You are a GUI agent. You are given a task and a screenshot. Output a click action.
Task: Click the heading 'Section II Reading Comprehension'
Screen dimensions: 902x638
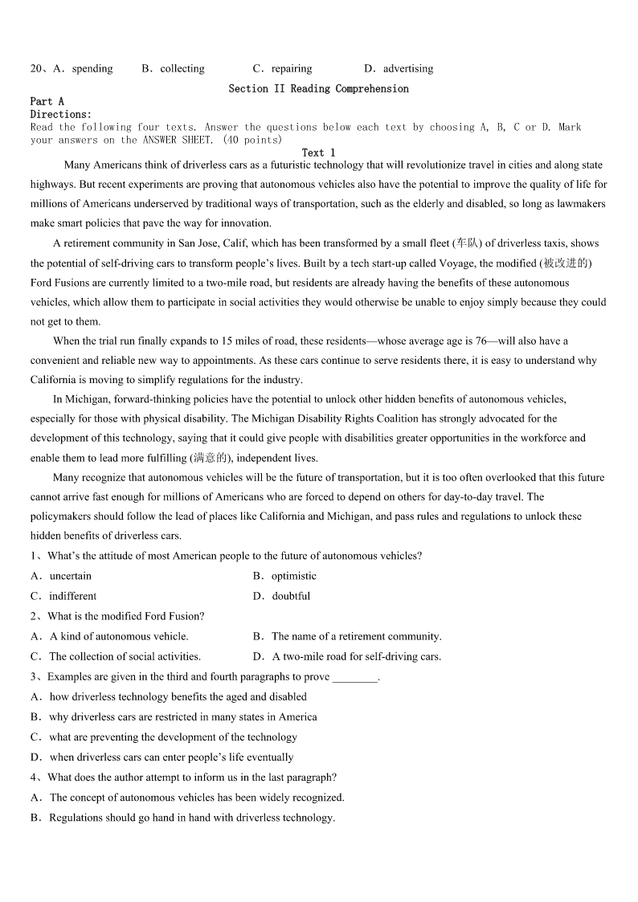(318, 88)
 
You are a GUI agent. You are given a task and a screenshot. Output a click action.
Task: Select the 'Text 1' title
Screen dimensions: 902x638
(318, 153)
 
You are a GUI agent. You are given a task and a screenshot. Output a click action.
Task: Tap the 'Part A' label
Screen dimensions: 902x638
(47, 101)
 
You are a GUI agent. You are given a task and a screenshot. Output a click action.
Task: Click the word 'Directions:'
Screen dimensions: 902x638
(61, 114)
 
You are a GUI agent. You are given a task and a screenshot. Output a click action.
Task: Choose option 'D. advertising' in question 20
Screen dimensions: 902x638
(399, 68)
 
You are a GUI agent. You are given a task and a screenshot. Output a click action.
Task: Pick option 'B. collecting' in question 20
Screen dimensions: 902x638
(173, 68)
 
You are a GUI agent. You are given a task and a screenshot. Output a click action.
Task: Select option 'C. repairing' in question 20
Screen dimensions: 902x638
(282, 68)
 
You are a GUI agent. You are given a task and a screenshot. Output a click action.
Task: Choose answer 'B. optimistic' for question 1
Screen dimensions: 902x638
(284, 576)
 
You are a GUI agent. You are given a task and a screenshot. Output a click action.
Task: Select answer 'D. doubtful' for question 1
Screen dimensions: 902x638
(281, 596)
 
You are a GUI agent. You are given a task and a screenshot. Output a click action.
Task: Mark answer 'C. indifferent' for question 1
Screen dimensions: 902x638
(63, 596)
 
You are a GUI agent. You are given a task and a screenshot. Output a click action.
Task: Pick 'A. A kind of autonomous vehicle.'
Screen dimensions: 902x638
(109, 636)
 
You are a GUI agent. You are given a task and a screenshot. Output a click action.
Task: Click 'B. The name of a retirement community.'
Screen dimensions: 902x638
(347, 636)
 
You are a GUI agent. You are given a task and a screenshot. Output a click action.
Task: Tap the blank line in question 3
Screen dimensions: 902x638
(354, 677)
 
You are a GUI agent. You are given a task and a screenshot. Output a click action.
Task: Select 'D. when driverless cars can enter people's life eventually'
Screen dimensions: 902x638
(162, 757)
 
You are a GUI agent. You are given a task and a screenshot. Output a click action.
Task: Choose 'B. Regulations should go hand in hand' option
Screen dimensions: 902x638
(182, 818)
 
